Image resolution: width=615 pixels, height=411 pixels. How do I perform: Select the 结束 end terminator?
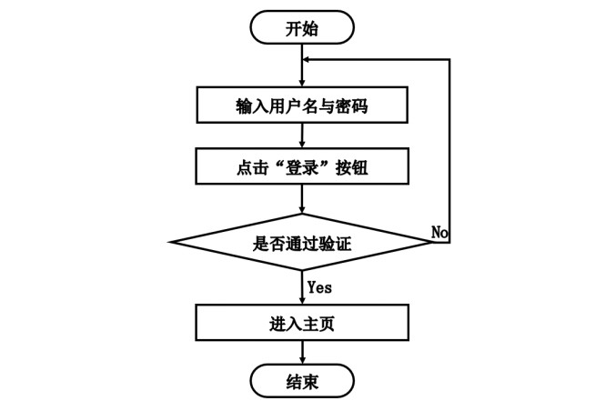click(301, 380)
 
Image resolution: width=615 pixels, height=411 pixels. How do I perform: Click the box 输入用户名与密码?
click(301, 106)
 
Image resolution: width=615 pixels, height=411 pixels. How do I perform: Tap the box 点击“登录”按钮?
click(301, 167)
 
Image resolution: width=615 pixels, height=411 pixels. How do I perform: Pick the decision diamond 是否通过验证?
click(301, 243)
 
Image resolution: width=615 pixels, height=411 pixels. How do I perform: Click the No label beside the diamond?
click(440, 233)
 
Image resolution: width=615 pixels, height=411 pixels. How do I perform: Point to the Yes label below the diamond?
click(319, 287)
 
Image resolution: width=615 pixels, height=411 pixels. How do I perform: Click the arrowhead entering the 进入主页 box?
click(301, 299)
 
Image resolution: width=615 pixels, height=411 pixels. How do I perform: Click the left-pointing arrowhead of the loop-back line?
click(307, 60)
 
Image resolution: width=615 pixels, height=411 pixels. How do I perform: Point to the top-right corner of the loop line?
click(449, 60)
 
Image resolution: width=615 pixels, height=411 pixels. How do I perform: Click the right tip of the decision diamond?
click(431, 243)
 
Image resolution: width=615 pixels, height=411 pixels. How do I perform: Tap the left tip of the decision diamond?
click(171, 243)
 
